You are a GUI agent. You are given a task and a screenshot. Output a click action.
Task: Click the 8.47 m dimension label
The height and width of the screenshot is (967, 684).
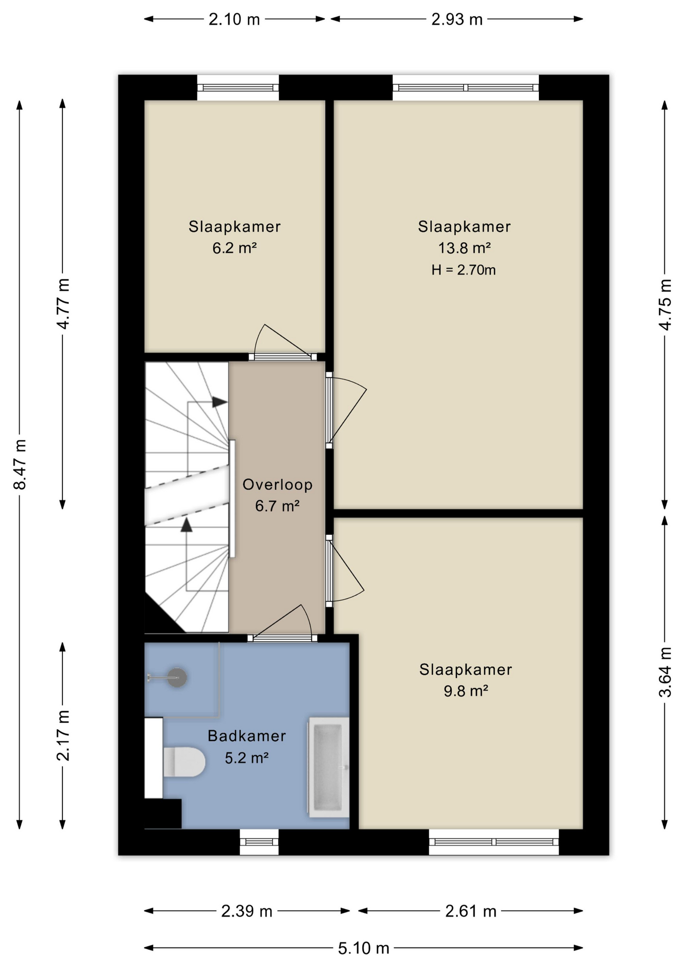[x=20, y=464]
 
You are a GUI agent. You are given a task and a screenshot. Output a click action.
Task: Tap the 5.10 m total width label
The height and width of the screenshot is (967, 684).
[x=363, y=948]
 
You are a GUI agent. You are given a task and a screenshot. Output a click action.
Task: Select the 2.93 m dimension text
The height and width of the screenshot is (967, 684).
[x=457, y=20]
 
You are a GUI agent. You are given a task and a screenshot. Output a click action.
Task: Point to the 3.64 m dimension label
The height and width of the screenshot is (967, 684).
[x=665, y=672]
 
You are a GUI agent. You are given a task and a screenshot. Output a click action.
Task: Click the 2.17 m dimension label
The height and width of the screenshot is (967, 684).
[x=63, y=735]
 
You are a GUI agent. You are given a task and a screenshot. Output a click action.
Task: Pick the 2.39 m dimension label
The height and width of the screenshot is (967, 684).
[x=247, y=911]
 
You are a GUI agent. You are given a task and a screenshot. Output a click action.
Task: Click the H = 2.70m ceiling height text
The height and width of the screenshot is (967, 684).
[x=463, y=270]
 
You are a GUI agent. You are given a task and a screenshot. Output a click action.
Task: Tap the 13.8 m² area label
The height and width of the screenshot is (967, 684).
[x=464, y=248]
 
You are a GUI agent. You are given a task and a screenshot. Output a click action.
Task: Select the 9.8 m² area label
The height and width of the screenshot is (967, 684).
[x=466, y=690]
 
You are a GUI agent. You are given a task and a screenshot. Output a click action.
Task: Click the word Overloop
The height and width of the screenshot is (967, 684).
[x=278, y=485]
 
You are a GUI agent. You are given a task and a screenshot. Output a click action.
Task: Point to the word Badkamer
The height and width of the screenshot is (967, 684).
[x=247, y=736]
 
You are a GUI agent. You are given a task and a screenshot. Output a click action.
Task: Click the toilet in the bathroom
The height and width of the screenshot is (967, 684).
[x=184, y=762]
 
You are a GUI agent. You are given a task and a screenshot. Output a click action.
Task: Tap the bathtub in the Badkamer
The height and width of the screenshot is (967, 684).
[x=328, y=767]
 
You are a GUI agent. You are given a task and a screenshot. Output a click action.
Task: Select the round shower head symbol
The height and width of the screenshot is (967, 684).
[x=177, y=677]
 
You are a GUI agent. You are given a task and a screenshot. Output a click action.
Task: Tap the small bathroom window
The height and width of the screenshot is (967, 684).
[x=259, y=842]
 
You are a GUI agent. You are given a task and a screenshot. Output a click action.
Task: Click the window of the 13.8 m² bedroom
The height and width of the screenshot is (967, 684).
[x=465, y=88]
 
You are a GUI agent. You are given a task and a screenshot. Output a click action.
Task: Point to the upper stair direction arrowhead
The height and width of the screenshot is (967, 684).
[x=220, y=402]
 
